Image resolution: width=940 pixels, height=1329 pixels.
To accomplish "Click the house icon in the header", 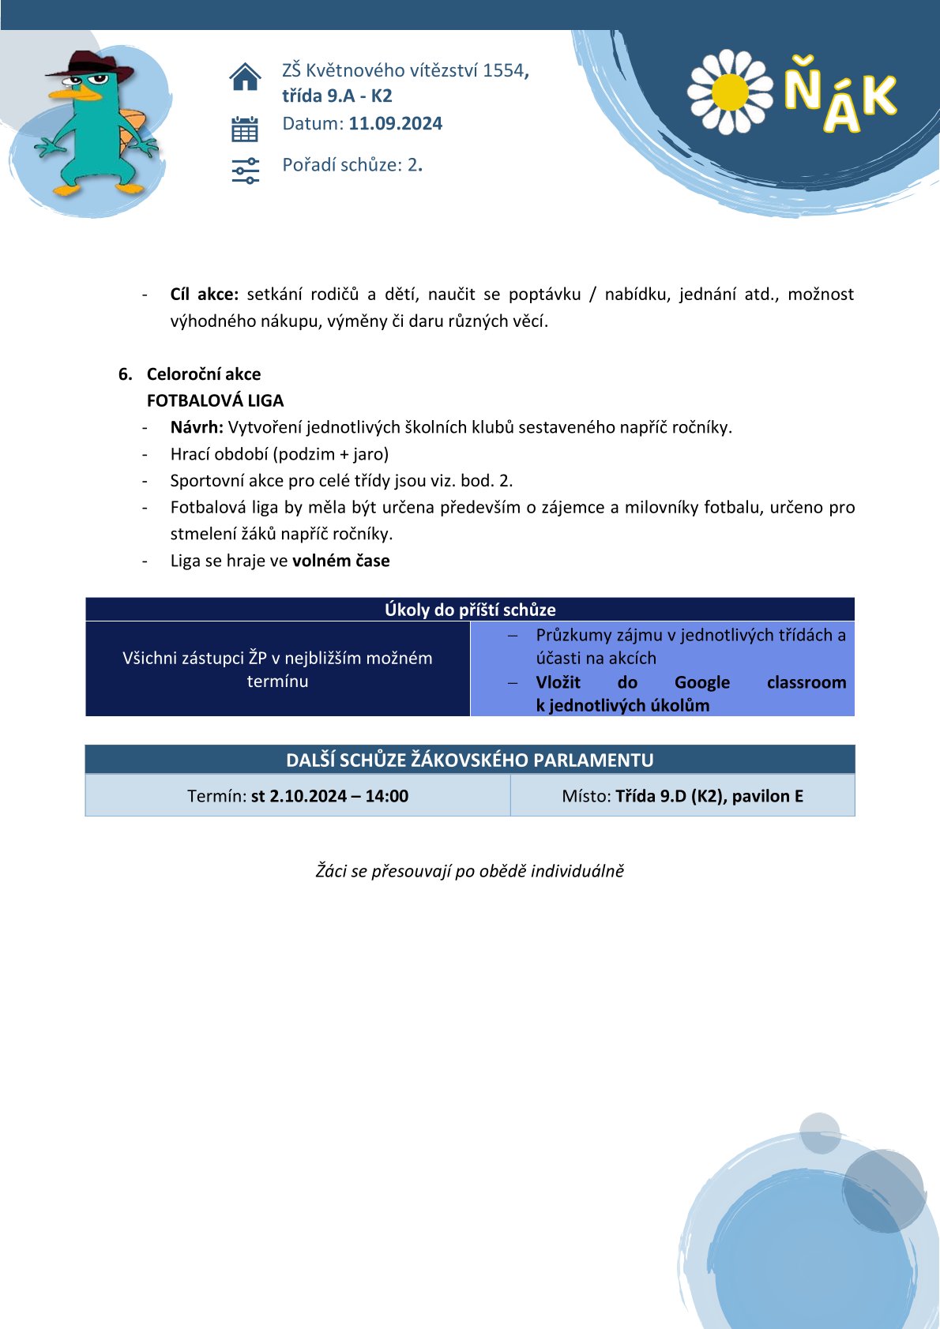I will coord(245,77).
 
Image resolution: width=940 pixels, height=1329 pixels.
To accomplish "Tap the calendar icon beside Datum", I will coord(245,129).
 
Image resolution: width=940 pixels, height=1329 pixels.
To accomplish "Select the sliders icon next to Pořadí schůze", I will coord(245,170).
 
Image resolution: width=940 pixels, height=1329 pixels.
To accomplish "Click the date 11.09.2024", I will coord(396,124).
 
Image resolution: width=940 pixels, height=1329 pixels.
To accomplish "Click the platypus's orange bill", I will coord(75,93).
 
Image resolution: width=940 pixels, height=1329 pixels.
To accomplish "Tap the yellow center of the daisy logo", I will coord(730,92).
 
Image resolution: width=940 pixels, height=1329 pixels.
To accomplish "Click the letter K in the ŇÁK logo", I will coord(878,96).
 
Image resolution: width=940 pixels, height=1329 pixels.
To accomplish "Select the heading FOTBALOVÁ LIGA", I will coord(215,401).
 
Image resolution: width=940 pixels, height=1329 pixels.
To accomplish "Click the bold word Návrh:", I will coord(197,428).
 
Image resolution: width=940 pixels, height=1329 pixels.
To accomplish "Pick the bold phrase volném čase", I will coord(341,561).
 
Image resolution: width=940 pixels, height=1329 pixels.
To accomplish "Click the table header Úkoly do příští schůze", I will coord(470,610).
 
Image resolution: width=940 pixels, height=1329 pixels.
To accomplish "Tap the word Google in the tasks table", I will coord(701,682).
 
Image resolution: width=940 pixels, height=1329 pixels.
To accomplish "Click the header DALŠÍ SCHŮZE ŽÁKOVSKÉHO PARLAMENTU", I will coord(470,760).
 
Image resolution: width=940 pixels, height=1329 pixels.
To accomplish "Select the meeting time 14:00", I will coord(386,796).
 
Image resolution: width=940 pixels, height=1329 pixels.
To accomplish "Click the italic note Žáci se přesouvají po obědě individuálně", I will coord(470,871).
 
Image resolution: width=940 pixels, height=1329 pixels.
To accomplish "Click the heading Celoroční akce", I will coord(204,374).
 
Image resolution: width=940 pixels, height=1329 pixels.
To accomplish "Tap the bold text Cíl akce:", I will coord(205,295).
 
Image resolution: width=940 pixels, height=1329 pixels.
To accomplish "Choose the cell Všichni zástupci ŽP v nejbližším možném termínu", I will coord(277,670).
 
